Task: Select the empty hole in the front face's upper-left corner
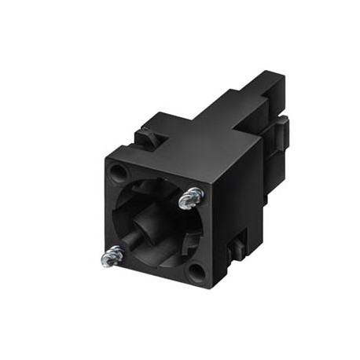click(x=119, y=171)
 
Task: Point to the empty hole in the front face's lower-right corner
click(x=196, y=272)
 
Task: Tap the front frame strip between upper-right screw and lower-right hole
click(x=204, y=236)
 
